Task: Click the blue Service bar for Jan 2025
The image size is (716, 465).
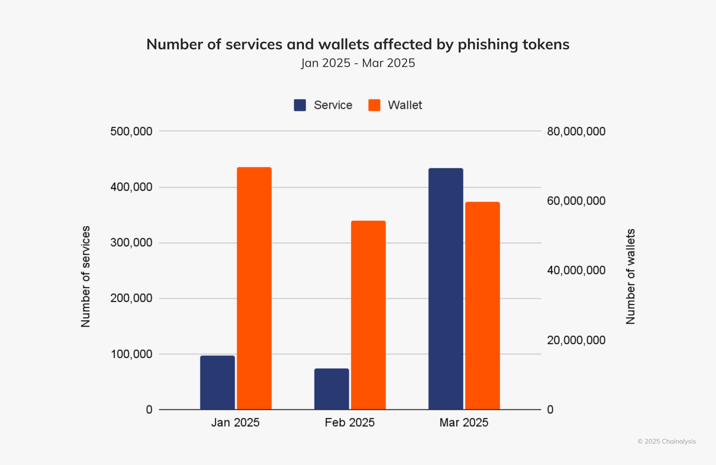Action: click(217, 382)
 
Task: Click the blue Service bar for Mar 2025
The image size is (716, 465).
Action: click(446, 289)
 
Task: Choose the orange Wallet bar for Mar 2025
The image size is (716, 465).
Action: click(482, 306)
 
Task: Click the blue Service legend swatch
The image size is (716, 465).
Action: click(300, 105)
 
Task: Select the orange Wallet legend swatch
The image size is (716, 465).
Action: click(374, 105)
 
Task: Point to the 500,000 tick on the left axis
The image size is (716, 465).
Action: click(131, 131)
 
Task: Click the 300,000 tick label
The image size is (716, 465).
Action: click(131, 243)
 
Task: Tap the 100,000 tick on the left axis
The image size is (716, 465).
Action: click(131, 354)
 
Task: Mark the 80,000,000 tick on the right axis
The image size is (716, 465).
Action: click(576, 131)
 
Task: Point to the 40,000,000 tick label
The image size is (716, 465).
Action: click(576, 270)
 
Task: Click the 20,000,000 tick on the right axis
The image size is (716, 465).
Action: click(576, 340)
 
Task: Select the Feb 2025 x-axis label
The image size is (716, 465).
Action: click(349, 423)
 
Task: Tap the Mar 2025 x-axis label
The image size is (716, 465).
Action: click(464, 423)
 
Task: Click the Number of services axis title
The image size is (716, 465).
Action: click(86, 276)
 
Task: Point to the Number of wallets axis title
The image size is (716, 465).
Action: click(630, 276)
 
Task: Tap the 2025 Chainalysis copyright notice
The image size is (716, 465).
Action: click(666, 442)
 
